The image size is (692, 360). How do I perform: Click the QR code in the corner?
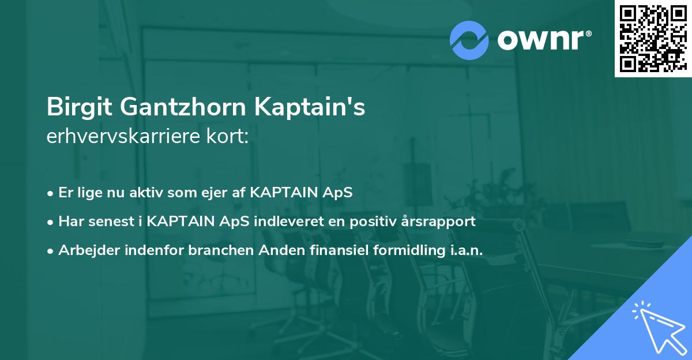(652, 38)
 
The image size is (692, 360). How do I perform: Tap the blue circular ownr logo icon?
(470, 40)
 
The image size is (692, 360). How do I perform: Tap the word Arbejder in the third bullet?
(85, 250)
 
